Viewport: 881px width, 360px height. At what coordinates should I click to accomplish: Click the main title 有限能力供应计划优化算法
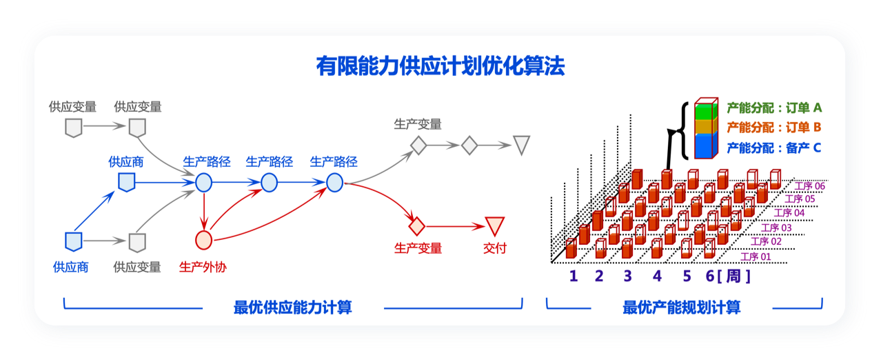coord(440,66)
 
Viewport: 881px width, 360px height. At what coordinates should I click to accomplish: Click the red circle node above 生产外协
coord(204,240)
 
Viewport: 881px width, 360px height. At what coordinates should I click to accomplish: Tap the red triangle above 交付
coord(495,226)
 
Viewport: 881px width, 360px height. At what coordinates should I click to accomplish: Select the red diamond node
coord(417,226)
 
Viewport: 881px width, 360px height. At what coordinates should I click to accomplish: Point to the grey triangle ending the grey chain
coord(522,145)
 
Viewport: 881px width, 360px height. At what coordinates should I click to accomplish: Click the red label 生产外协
coord(203,267)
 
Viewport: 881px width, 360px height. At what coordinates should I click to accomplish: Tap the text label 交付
coord(495,248)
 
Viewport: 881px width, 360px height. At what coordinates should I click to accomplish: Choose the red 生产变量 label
coord(418,248)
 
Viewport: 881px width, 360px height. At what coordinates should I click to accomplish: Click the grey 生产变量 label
coord(418,124)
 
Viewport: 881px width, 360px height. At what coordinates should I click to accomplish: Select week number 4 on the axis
coord(657,276)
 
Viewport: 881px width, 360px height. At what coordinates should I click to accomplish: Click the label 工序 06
coord(809,186)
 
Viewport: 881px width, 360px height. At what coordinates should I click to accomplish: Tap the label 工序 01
coord(756,257)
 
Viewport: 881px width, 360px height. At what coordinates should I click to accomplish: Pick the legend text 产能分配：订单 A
coord(774,108)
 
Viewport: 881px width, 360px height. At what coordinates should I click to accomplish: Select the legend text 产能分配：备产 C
coord(774,148)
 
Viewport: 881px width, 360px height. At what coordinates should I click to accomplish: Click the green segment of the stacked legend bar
coord(706,111)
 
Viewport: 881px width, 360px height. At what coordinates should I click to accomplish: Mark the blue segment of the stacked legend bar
coord(706,146)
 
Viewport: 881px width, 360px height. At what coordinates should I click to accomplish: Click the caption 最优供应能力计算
coord(292,308)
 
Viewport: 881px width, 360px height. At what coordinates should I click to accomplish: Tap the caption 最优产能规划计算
coord(682,308)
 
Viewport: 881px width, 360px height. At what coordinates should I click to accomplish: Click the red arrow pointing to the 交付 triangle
coord(455,226)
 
